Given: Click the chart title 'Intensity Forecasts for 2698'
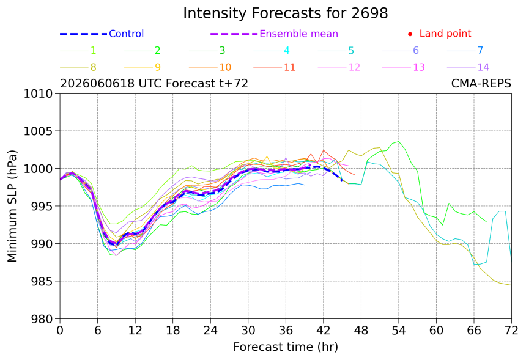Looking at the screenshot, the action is (x=286, y=13).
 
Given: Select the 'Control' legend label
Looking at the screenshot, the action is (x=127, y=34).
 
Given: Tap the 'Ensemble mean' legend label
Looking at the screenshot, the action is (x=298, y=34).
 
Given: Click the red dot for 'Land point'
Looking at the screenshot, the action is (x=410, y=34).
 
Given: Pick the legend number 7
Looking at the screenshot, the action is (x=480, y=50).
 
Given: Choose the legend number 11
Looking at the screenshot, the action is (x=289, y=67).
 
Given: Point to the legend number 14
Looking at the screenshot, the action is (x=483, y=67).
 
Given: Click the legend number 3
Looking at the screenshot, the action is (x=222, y=50).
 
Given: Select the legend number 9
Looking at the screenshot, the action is (x=158, y=67).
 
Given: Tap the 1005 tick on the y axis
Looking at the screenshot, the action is (x=38, y=131).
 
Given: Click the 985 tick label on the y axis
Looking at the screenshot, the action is (x=42, y=281).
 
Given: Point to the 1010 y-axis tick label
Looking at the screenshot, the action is (x=38, y=94).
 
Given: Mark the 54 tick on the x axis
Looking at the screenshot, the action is (x=399, y=331).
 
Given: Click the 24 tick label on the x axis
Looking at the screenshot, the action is (x=210, y=331).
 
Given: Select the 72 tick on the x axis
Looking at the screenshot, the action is (x=511, y=331).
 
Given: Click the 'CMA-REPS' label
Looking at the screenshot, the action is (x=481, y=83).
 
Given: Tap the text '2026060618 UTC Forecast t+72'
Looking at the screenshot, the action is (x=154, y=83).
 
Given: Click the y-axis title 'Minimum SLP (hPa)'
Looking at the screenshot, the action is (x=12, y=206).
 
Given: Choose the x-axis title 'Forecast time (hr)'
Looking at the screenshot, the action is (x=286, y=347).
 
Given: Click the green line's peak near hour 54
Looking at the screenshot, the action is (x=399, y=141).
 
